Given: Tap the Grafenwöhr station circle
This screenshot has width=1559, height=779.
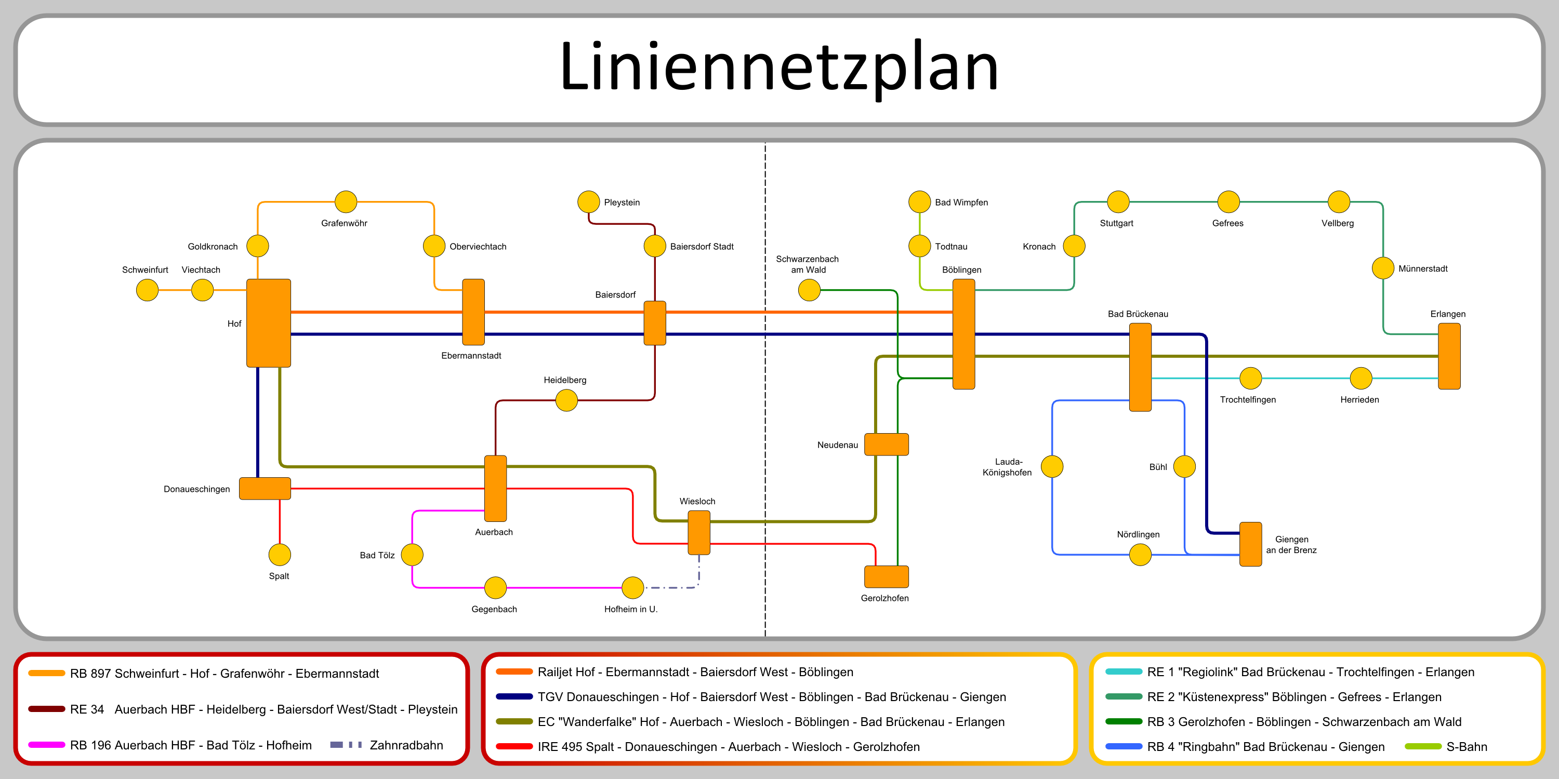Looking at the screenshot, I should pyautogui.click(x=346, y=202).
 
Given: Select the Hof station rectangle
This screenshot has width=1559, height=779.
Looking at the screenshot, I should pyautogui.click(x=268, y=323).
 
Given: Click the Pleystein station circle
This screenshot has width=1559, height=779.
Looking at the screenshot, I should pyautogui.click(x=588, y=202).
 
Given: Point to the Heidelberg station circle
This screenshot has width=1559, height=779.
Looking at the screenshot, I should pyautogui.click(x=566, y=400).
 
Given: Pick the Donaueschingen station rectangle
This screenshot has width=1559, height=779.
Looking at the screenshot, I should pyautogui.click(x=265, y=489).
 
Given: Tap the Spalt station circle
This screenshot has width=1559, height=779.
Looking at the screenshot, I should pyautogui.click(x=280, y=555).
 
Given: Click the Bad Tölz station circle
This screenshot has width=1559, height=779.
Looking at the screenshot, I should pyautogui.click(x=412, y=555).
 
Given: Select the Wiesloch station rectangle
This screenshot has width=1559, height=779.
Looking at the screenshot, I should pyautogui.click(x=699, y=532).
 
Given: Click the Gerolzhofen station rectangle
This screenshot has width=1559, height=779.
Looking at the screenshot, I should pyautogui.click(x=886, y=576).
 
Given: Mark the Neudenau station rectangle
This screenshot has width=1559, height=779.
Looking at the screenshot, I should pyautogui.click(x=886, y=444).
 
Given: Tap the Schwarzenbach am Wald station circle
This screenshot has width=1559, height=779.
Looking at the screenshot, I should pyautogui.click(x=809, y=290).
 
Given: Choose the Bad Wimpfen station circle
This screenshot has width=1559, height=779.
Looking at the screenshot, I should pyautogui.click(x=919, y=202).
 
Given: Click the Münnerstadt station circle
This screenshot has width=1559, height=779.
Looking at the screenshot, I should pyautogui.click(x=1383, y=268).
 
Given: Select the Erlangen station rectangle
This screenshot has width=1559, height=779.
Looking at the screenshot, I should pyautogui.click(x=1449, y=356).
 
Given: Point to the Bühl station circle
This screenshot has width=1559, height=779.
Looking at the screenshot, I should pyautogui.click(x=1184, y=466).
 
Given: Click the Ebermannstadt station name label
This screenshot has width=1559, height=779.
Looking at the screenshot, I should pyautogui.click(x=471, y=356).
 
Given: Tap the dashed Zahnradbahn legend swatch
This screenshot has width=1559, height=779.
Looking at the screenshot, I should pyautogui.click(x=346, y=745).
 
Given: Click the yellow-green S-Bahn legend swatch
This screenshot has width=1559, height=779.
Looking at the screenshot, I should pyautogui.click(x=1423, y=746).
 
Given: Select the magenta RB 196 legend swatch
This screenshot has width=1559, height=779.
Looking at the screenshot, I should pyautogui.click(x=47, y=745).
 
